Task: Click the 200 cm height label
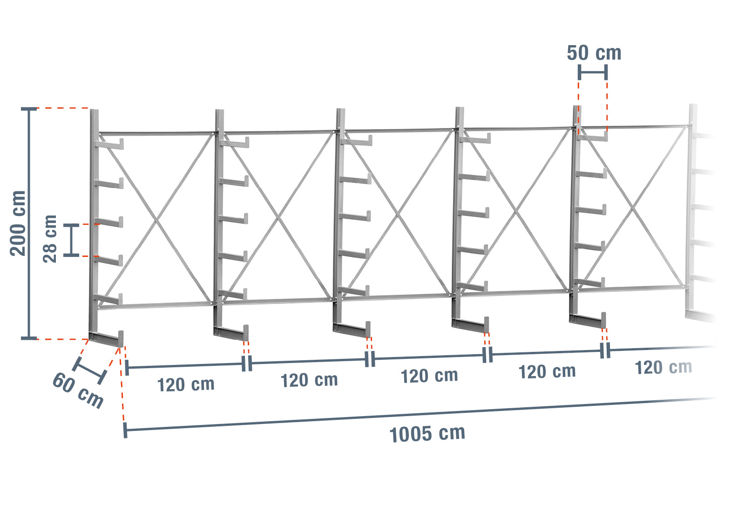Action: click(18, 223)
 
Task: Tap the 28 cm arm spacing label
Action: click(49, 239)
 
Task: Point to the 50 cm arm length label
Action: click(594, 53)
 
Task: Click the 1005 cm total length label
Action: click(427, 434)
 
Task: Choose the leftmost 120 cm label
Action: click(186, 385)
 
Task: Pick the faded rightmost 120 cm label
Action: click(664, 368)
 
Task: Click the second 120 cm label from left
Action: click(309, 380)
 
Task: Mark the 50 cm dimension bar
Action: click(593, 72)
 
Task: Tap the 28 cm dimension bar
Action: click(72, 240)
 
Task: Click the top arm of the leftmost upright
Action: click(110, 145)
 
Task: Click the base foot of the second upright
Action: click(232, 333)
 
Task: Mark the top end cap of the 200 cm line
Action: click(29, 109)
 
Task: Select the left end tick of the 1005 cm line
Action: click(125, 431)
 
